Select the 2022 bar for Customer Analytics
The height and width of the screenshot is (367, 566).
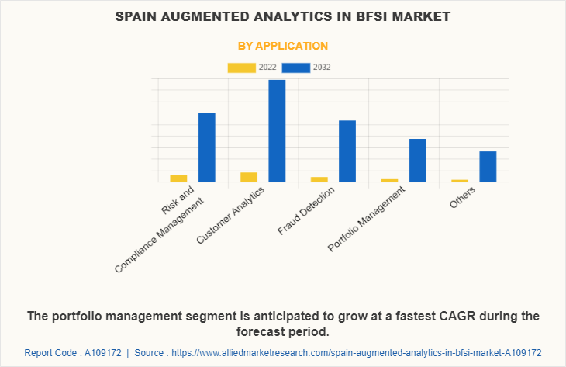click(249, 177)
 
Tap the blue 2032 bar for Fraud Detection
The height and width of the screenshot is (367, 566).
click(347, 151)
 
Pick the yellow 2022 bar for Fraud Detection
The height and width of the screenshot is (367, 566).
click(319, 179)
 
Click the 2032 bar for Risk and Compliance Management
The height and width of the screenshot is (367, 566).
click(206, 147)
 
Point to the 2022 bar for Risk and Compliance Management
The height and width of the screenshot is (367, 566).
click(178, 178)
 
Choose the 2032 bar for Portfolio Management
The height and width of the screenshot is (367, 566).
click(417, 160)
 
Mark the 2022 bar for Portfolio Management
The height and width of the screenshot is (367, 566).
click(389, 180)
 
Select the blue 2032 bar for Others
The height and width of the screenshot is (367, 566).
click(487, 166)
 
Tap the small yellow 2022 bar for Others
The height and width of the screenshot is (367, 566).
click(460, 181)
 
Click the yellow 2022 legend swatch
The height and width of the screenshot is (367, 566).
click(241, 68)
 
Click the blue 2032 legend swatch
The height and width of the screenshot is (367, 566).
click(296, 68)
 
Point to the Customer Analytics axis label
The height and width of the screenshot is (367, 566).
click(231, 215)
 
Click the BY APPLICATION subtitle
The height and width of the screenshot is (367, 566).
click(282, 46)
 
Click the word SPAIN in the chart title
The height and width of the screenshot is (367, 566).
click(140, 16)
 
